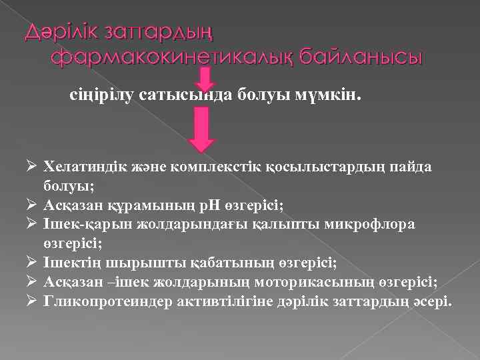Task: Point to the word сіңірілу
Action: tap(103, 95)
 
